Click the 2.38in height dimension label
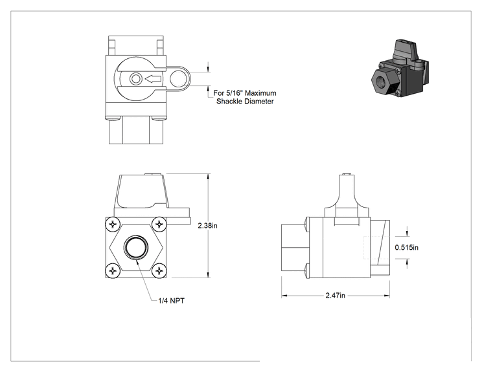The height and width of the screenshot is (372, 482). (x=207, y=226)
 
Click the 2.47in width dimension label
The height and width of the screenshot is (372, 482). (x=336, y=295)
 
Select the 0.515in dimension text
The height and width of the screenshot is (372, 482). (x=406, y=247)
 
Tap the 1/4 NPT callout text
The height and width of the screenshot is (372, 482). (x=172, y=301)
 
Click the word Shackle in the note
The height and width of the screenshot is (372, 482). (x=228, y=102)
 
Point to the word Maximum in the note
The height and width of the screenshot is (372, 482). (x=260, y=93)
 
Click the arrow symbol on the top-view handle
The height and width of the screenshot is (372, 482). (x=153, y=79)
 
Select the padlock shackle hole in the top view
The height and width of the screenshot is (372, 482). (x=178, y=79)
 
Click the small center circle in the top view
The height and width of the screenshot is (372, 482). (x=135, y=79)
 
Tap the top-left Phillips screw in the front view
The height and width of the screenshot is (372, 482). (x=113, y=224)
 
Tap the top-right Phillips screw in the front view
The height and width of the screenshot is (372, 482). (x=159, y=224)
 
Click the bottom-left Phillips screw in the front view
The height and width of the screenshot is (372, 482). (x=113, y=270)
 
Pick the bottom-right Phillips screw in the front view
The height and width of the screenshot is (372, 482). (x=159, y=270)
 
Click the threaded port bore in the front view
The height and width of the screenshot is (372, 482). (x=136, y=247)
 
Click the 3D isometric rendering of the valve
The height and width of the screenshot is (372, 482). (x=400, y=68)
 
